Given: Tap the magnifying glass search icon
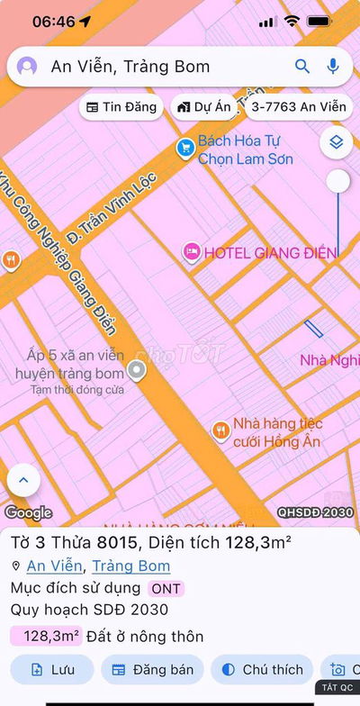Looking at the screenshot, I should [302, 66].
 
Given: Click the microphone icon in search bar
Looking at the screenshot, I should [333, 66].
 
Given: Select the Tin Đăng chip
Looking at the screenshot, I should [121, 107].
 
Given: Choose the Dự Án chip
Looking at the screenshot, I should [204, 107].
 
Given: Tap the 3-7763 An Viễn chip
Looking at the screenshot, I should [298, 107].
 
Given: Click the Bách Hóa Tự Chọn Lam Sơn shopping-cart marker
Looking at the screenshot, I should [185, 147].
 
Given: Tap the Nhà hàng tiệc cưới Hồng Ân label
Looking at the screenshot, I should [277, 432].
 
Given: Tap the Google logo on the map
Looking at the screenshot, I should [28, 513].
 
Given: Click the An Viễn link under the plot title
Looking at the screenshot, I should [55, 566].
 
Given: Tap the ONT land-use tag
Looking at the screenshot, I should [166, 589].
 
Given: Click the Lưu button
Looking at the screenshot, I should [52, 670].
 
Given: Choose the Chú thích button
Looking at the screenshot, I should [261, 670].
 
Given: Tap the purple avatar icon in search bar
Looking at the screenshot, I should [28, 67].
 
